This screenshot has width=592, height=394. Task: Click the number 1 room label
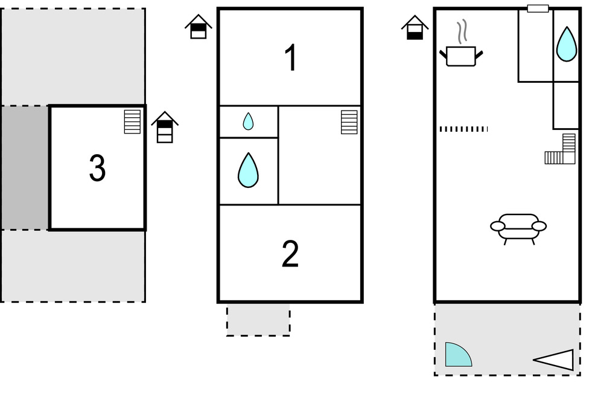coord(291,59)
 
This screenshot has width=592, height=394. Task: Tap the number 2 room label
coord(290,254)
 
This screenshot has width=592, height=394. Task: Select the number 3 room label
coord(97,169)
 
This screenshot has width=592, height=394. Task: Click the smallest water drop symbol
coord(248,121)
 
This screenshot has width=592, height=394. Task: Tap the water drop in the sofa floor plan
coord(565,44)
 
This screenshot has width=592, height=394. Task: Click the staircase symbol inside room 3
coord(132,121)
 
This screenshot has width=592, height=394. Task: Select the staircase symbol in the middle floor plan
coord(349,122)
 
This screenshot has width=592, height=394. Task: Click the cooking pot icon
coord(462,56)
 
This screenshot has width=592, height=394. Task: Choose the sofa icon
coord(518,227)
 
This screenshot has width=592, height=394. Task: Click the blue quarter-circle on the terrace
coord(457,356)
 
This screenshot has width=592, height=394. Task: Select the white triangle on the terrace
coord(555,360)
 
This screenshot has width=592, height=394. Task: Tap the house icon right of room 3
coord(165,127)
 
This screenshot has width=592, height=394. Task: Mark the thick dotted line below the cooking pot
coord(463,129)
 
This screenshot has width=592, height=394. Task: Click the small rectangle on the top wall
coord(538,8)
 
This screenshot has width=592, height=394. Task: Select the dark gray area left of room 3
coord(24,168)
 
